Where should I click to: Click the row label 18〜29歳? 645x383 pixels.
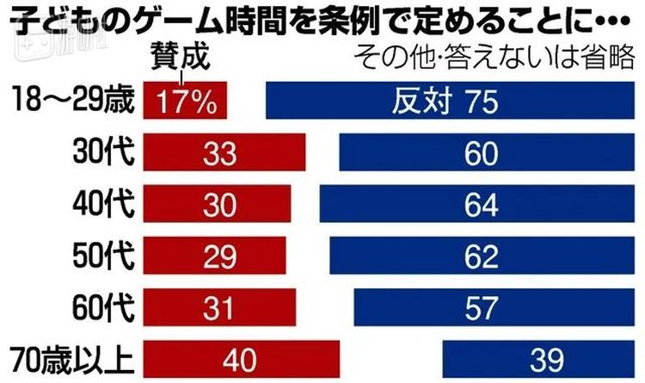tap(70, 102)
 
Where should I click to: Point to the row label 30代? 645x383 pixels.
tap(102, 154)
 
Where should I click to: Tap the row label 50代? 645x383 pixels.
tap(102, 256)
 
